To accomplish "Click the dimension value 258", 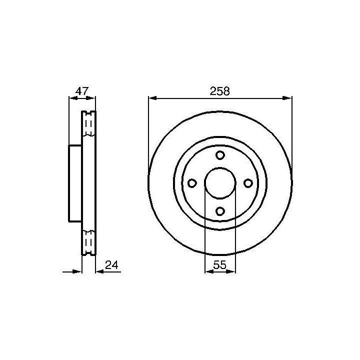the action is [x=219, y=91].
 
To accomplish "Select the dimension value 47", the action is [x=82, y=91].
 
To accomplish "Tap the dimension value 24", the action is [x=111, y=265].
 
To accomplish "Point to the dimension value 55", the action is [x=219, y=265].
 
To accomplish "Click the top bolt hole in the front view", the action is [x=220, y=155].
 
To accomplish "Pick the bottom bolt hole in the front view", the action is [x=220, y=211].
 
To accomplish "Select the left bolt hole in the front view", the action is [x=192, y=183].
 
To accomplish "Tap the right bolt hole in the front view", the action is [x=248, y=183].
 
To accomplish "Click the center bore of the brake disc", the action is [x=220, y=183].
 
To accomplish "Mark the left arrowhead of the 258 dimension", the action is [x=152, y=98].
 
